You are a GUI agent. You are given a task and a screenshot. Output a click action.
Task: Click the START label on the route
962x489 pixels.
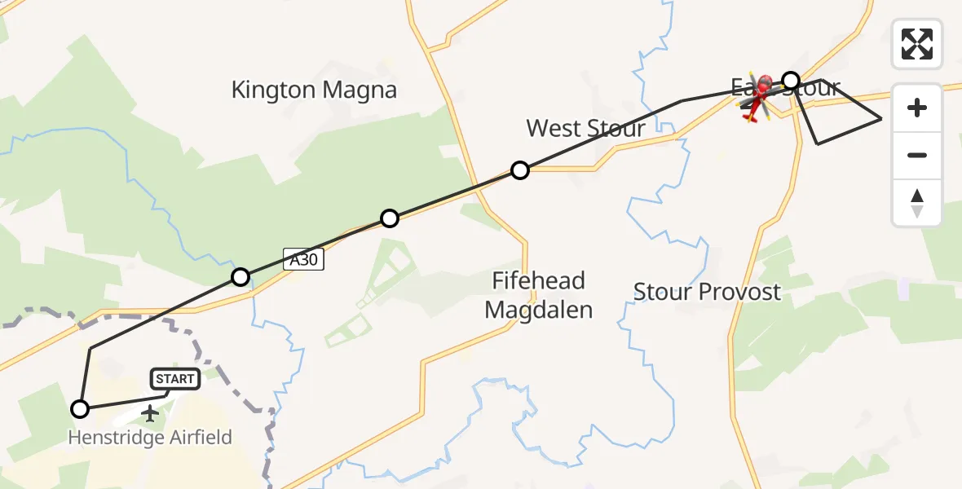[x=174, y=379]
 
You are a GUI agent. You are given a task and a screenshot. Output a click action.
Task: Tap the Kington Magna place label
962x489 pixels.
[x=314, y=90]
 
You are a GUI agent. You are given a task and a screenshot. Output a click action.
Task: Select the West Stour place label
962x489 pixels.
[x=585, y=128]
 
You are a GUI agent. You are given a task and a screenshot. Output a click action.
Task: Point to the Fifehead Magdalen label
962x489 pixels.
[x=538, y=295]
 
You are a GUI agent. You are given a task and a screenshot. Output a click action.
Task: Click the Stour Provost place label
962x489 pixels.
[x=707, y=292]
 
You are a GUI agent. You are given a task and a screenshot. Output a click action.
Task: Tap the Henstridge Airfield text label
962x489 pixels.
[x=149, y=438]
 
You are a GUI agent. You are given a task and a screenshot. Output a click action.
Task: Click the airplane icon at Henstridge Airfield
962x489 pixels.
[x=150, y=413]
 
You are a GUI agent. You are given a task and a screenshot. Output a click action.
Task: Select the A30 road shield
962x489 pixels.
[x=304, y=260]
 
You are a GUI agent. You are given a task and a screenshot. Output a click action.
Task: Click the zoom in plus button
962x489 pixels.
[x=917, y=108]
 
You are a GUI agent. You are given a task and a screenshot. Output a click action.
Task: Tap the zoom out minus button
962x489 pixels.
[x=917, y=155]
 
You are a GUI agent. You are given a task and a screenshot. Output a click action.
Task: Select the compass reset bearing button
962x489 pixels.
[x=917, y=202]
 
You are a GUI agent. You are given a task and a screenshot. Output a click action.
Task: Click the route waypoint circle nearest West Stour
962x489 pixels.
[x=520, y=170]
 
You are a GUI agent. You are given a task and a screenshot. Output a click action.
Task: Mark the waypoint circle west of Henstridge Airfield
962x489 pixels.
[x=80, y=409]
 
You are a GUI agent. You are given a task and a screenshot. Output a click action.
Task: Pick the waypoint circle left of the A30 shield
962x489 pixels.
[x=240, y=277]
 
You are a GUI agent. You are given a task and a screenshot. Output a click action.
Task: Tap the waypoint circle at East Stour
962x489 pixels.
[x=791, y=80]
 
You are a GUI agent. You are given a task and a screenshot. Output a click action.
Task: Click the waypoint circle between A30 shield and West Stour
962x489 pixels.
[x=390, y=218]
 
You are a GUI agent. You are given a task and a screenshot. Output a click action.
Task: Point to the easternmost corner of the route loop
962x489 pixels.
[x=881, y=119]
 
